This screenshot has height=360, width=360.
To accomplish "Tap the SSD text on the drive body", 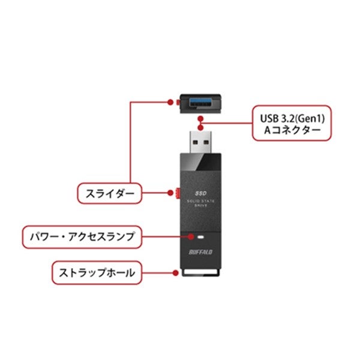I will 200,193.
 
